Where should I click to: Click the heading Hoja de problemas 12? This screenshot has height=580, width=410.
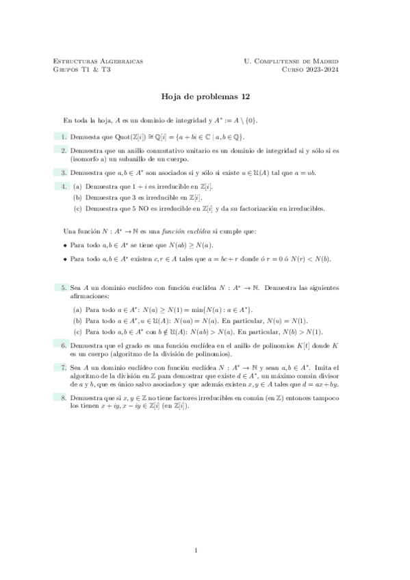click(205, 98)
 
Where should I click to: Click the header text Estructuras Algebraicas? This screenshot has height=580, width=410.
click(98, 61)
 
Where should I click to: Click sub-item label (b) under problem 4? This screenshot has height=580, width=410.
click(77, 197)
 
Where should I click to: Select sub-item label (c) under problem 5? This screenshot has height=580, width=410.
click(77, 332)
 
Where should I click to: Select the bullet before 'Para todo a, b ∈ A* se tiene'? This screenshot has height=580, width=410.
click(66, 244)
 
